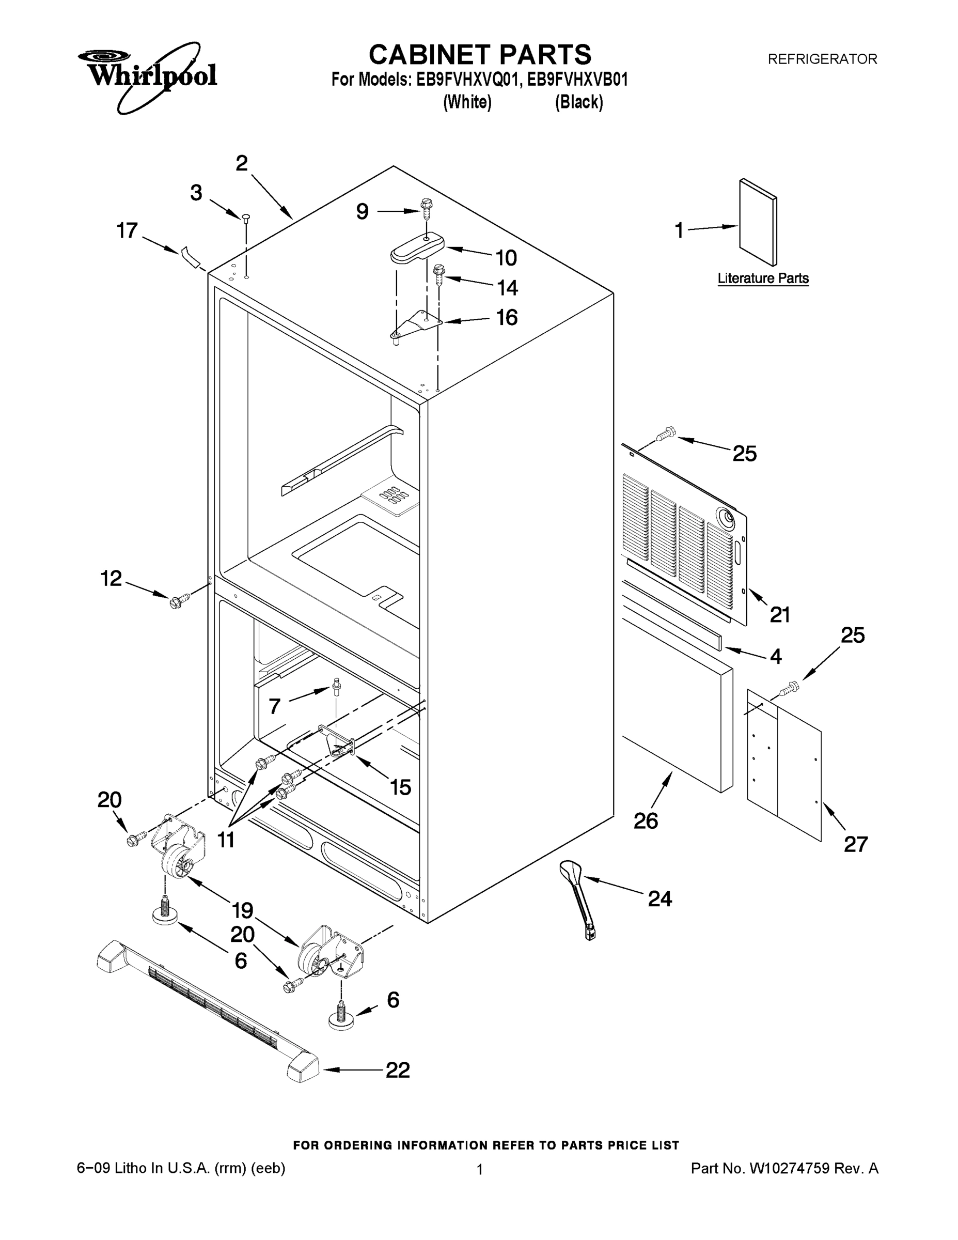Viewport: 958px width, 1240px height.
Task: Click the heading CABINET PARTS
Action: coord(480,55)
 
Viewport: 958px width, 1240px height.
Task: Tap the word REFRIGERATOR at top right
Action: coord(822,59)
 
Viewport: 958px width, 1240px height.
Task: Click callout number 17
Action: coord(127,230)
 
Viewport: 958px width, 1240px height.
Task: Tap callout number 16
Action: coord(507,317)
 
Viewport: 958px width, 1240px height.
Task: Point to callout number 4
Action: coord(776,656)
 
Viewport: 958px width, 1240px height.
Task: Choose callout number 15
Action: coord(400,787)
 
